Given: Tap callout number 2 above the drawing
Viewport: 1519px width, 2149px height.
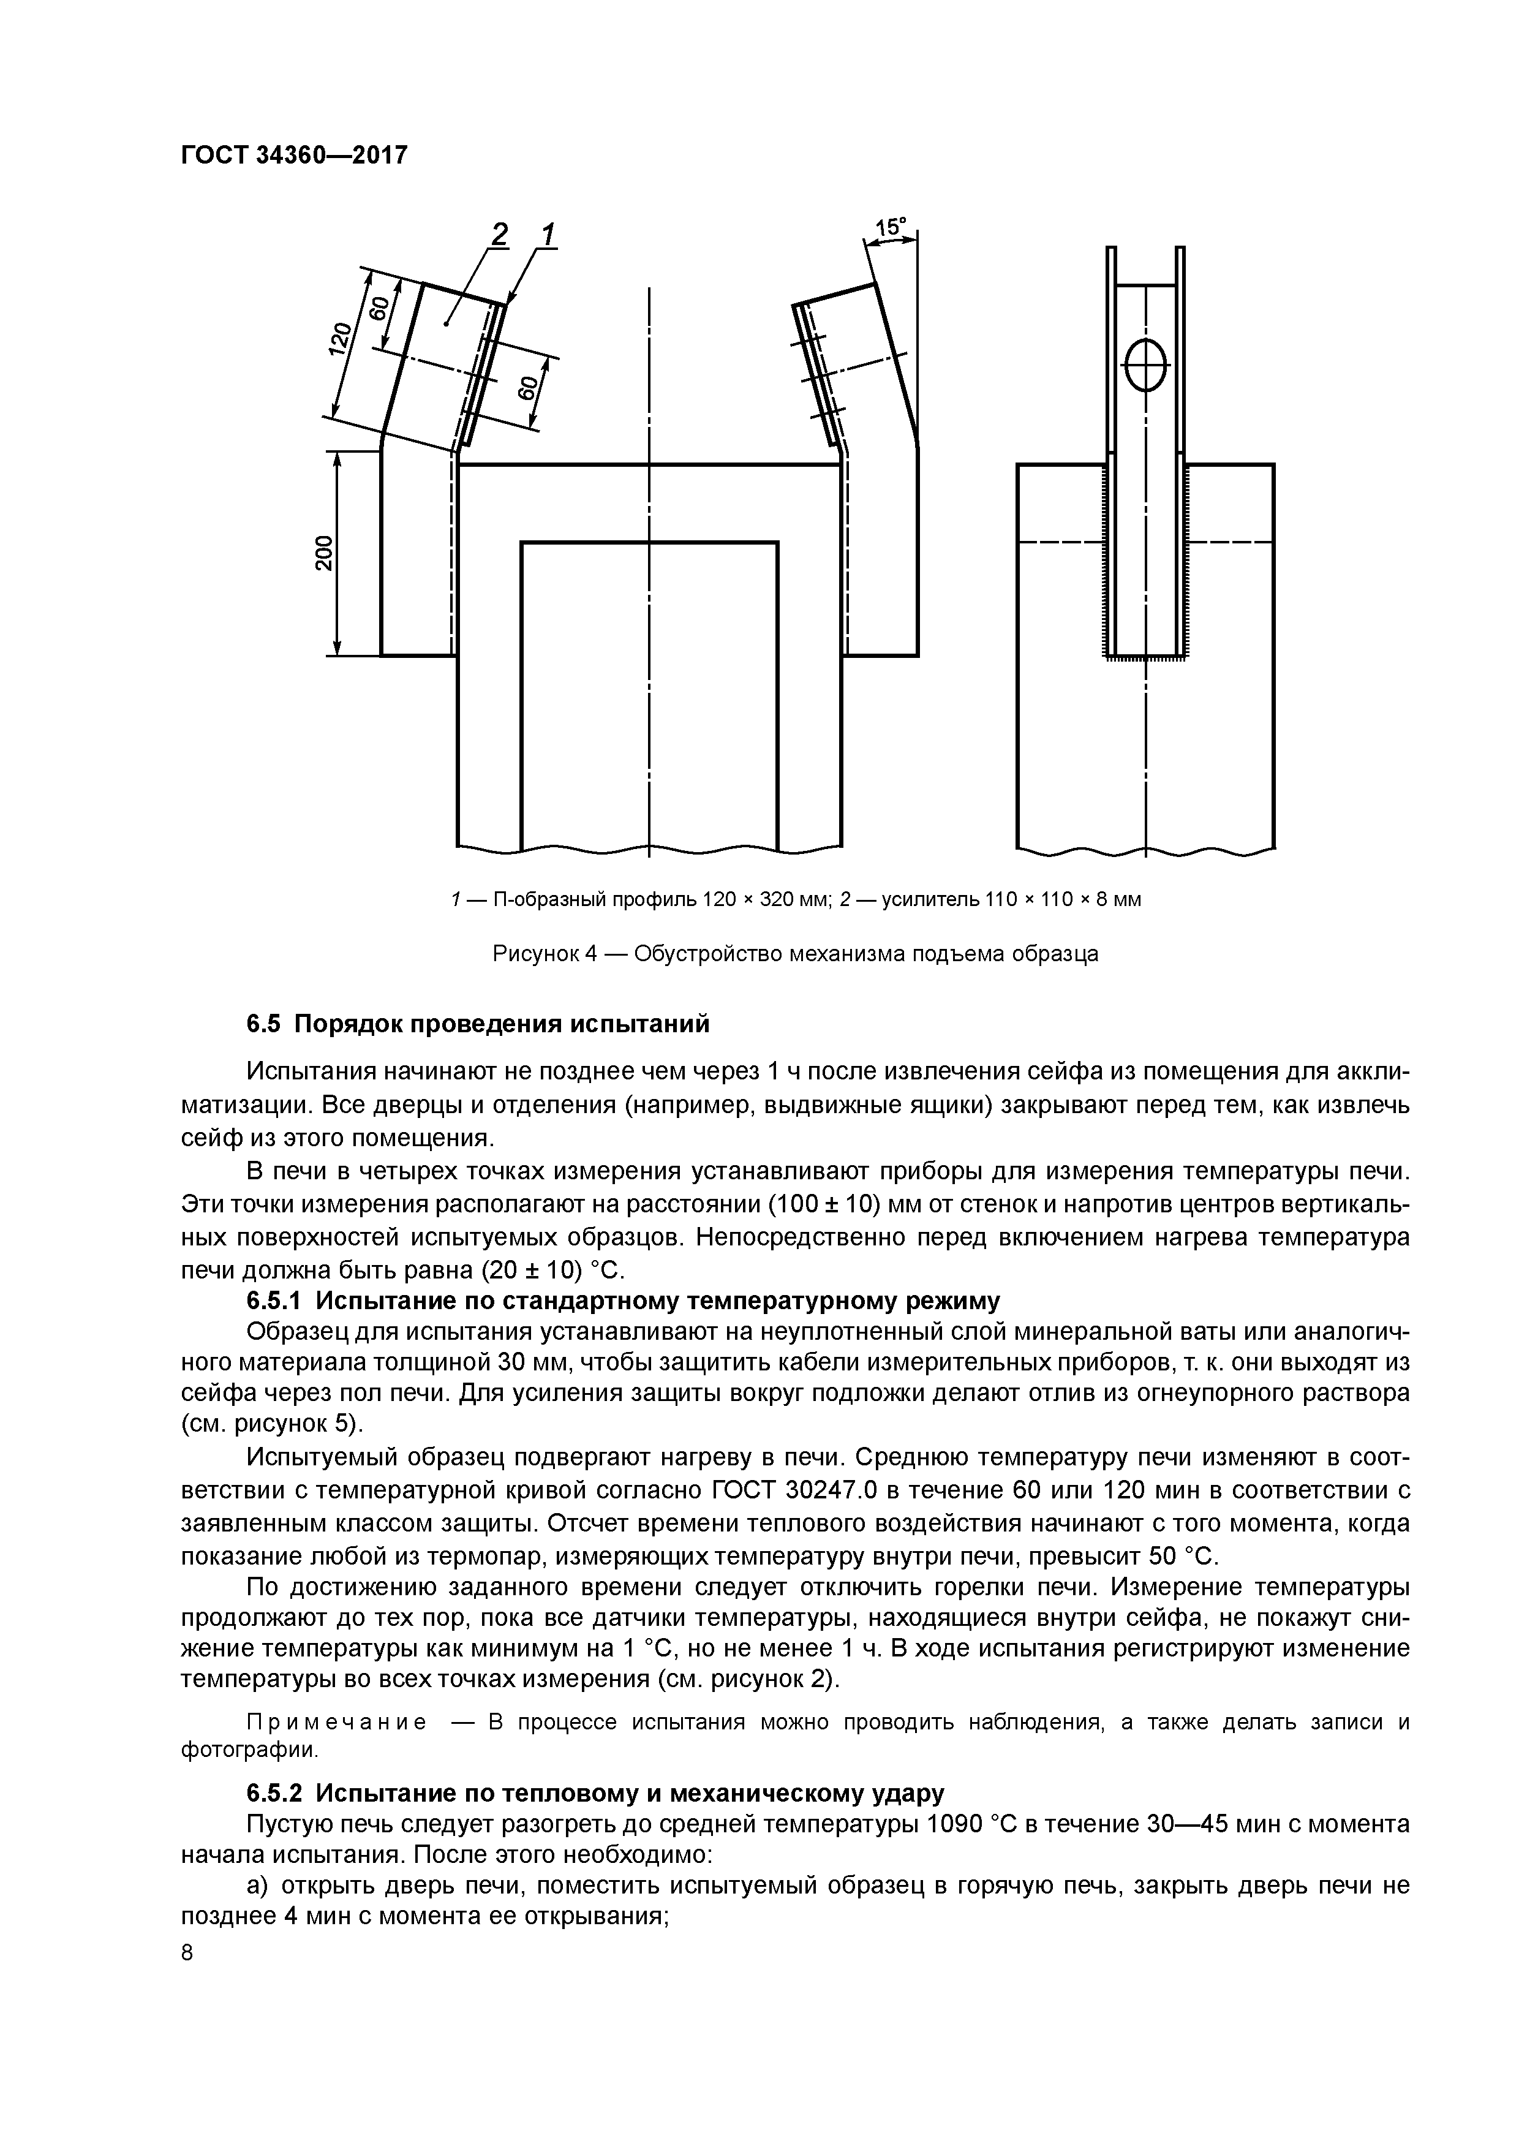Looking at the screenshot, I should point(500,235).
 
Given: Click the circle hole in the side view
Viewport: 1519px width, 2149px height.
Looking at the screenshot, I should point(1145,365).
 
